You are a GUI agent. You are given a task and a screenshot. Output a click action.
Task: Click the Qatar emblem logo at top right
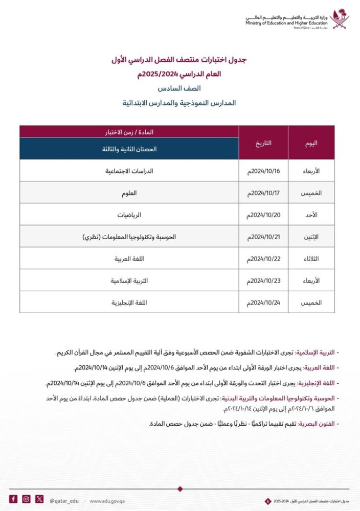(339, 19)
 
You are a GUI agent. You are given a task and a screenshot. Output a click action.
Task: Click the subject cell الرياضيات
(129, 215)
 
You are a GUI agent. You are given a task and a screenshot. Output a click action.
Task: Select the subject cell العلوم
(129, 193)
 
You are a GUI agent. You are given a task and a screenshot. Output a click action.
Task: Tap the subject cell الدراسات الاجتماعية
(129, 171)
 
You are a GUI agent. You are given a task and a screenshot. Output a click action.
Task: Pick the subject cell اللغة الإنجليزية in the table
(129, 303)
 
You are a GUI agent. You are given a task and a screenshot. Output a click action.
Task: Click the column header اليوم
(311, 143)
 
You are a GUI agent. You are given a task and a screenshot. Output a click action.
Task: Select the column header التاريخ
(263, 143)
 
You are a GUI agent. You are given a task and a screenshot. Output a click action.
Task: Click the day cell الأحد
(311, 215)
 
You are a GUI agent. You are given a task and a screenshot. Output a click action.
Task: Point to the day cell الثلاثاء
(311, 259)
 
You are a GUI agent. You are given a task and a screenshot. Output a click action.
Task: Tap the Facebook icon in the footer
(13, 499)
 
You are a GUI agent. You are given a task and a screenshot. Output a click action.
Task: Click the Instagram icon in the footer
(27, 499)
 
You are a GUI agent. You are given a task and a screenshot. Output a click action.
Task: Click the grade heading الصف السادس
(179, 88)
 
